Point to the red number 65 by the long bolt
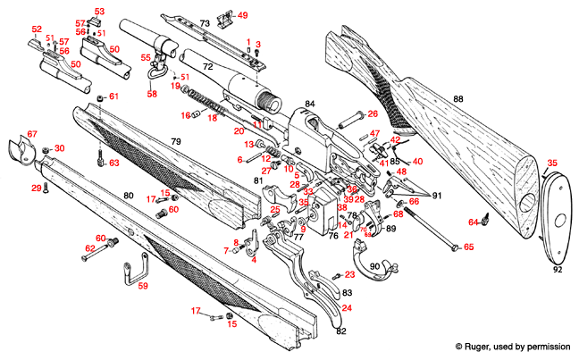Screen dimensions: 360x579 (468, 247)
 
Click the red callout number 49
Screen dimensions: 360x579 (242, 15)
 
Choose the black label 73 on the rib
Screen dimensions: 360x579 (204, 22)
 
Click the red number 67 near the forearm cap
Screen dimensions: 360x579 (32, 134)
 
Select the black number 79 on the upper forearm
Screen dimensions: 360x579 (176, 142)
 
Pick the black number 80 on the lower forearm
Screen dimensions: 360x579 (128, 196)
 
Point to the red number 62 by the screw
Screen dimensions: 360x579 (89, 248)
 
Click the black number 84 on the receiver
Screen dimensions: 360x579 (309, 105)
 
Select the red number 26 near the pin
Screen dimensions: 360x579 (372, 113)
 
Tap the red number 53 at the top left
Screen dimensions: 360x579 (99, 12)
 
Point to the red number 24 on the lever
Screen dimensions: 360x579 (346, 308)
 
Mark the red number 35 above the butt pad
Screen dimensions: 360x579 (551, 163)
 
